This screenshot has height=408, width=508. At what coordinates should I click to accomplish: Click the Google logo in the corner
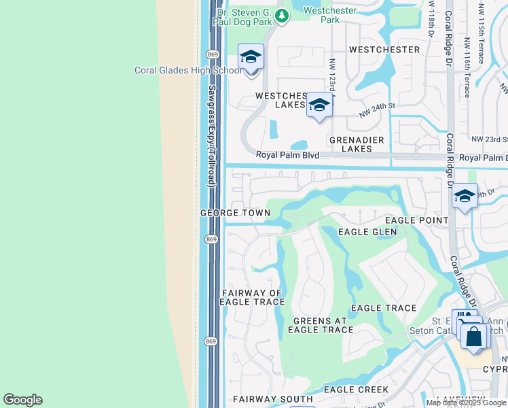coord(22,400)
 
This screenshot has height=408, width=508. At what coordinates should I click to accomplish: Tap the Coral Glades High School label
coord(188,70)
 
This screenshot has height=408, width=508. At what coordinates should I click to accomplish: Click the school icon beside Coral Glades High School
coord(251,56)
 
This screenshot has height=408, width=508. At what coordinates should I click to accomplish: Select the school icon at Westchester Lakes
coord(319,105)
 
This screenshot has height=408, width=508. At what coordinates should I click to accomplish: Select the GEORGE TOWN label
coord(235,213)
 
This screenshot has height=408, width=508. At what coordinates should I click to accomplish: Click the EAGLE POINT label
coord(416,220)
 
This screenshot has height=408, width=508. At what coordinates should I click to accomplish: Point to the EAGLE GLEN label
coord(367,232)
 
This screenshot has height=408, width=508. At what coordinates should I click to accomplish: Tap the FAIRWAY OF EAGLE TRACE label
coord(251,297)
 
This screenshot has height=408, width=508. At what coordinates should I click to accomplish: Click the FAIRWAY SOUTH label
coord(264,399)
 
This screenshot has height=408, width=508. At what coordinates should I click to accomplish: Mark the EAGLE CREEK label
coord(356,390)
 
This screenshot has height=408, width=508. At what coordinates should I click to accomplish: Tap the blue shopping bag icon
coord(474,336)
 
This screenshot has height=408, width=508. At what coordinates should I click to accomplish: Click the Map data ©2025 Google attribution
coord(465,403)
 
